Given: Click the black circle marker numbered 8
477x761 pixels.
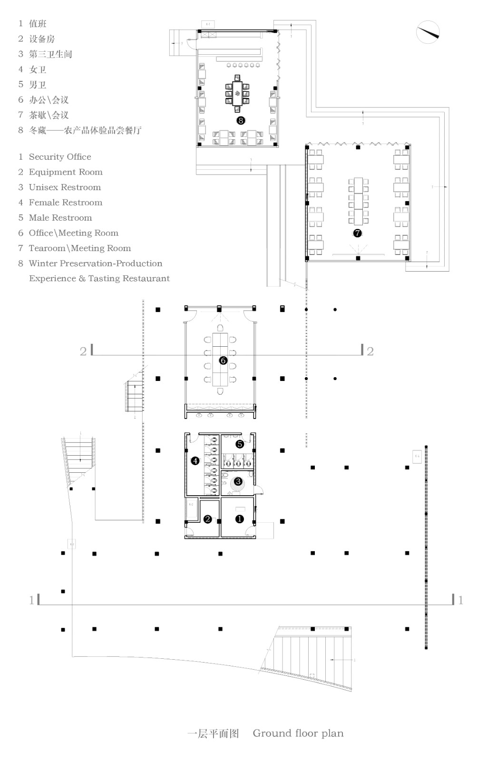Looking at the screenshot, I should [241, 120].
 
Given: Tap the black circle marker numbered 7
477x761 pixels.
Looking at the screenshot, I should [358, 233].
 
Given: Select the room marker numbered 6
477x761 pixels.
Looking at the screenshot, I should [223, 361].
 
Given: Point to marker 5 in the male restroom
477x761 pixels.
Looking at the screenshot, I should [240, 444].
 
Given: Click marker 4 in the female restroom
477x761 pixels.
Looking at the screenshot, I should [195, 460].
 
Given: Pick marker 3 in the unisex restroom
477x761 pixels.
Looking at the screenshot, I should [238, 482].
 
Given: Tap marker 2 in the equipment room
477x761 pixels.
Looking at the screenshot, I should [207, 519].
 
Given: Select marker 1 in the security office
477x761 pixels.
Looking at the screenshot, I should [240, 519].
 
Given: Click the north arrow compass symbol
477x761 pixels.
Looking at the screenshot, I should [428, 32].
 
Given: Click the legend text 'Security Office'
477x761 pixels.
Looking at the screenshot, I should [60, 157].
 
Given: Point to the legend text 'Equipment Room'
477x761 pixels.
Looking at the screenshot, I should [66, 172].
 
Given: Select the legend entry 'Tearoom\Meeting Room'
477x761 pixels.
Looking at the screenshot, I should [79, 248].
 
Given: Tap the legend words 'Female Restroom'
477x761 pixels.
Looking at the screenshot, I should [66, 203].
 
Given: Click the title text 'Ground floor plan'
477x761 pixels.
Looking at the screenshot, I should [298, 733].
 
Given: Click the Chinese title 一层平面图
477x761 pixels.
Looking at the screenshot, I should [213, 733].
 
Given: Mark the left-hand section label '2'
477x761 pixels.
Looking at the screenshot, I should [83, 351].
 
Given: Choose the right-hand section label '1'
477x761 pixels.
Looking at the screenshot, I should [460, 600].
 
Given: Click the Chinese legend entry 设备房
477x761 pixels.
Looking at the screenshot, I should [42, 39].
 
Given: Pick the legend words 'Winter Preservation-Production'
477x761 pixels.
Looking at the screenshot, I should [95, 263].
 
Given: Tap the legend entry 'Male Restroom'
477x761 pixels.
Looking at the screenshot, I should [60, 218].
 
